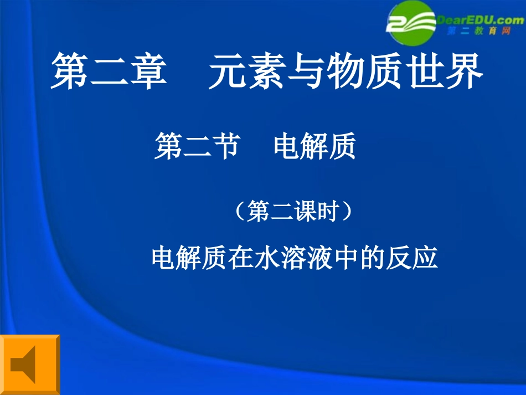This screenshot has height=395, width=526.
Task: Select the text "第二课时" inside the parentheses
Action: coord(293,212)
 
